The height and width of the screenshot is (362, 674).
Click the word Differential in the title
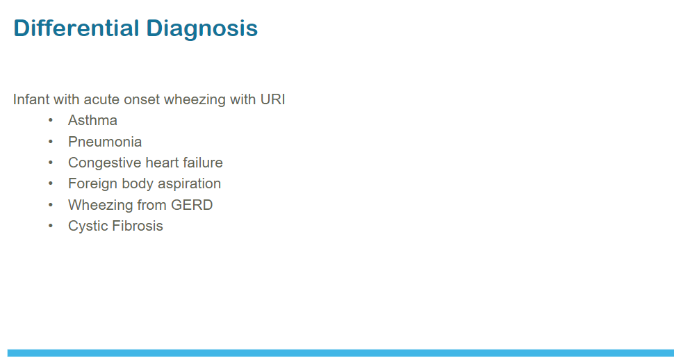click(x=76, y=28)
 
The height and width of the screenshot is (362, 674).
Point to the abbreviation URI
click(x=272, y=99)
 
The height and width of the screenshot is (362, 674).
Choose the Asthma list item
click(x=92, y=120)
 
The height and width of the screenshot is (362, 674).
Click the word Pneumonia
click(x=105, y=142)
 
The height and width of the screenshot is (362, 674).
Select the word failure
click(x=202, y=163)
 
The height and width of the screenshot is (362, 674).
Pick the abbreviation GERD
click(x=192, y=205)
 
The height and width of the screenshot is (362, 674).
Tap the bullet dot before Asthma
click(x=51, y=120)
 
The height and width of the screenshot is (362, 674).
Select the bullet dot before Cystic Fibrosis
click(x=51, y=226)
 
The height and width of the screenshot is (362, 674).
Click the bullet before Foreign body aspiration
click(x=51, y=183)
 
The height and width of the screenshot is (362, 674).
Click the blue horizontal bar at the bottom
click(x=340, y=353)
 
